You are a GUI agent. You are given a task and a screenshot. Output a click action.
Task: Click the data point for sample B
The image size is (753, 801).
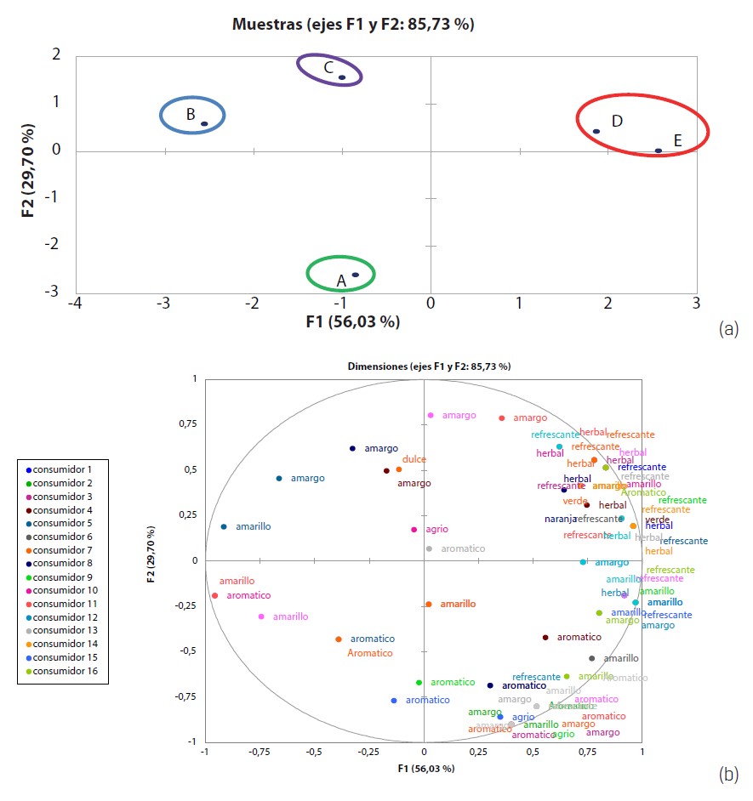point(204,124)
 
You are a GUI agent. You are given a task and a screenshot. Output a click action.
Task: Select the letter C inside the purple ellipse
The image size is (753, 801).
point(328,68)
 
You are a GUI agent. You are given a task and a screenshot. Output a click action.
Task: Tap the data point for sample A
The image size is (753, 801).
point(356,275)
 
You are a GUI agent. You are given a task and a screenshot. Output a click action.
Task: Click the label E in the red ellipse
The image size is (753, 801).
point(677,140)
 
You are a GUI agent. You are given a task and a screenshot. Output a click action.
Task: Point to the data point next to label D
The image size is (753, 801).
point(596,131)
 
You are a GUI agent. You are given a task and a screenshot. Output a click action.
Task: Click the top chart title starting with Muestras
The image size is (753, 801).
point(353,25)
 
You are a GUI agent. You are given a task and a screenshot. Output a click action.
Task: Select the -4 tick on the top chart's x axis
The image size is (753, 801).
point(76,304)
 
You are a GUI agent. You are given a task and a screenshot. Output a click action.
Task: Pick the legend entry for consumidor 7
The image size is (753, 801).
point(64,550)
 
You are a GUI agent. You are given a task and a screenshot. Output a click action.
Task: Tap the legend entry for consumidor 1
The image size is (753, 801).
point(64,469)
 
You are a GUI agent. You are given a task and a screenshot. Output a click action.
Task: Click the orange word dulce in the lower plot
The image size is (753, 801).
point(414,459)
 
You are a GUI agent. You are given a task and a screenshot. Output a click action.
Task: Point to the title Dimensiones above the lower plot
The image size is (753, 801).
point(429,366)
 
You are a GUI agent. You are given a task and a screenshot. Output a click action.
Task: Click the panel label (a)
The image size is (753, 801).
point(728,328)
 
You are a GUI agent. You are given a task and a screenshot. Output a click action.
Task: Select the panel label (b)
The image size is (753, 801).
point(728,774)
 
